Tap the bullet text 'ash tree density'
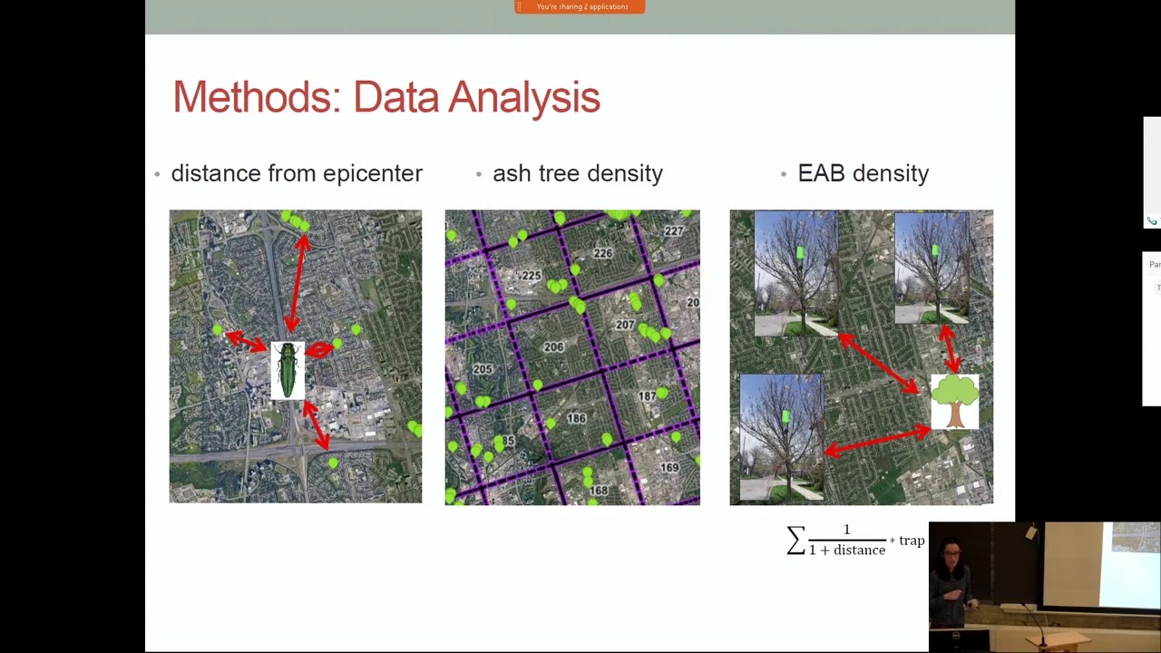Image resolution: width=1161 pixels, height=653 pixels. pyautogui.click(x=577, y=173)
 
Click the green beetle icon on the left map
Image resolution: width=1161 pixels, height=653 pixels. pyautogui.click(x=288, y=370)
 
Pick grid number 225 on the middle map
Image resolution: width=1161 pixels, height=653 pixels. pyautogui.click(x=531, y=275)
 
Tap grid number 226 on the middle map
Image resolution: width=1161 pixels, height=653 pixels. pyautogui.click(x=602, y=254)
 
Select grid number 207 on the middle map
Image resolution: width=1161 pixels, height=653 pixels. pyautogui.click(x=624, y=325)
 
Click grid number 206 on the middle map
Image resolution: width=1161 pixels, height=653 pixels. pyautogui.click(x=553, y=347)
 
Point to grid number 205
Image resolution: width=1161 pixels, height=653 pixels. pyautogui.click(x=482, y=369)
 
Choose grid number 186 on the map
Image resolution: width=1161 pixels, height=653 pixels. pyautogui.click(x=576, y=418)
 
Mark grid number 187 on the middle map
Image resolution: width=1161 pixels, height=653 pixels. pyautogui.click(x=647, y=396)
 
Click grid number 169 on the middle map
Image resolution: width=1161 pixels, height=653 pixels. pyautogui.click(x=668, y=468)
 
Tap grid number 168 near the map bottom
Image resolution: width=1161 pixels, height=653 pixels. pyautogui.click(x=598, y=491)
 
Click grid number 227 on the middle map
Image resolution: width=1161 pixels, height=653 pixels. pyautogui.click(x=673, y=231)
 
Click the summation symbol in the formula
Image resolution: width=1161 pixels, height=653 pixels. pyautogui.click(x=795, y=541)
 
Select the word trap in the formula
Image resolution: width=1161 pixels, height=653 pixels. pyautogui.click(x=912, y=541)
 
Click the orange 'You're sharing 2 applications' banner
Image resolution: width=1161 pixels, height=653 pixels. pyautogui.click(x=580, y=7)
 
